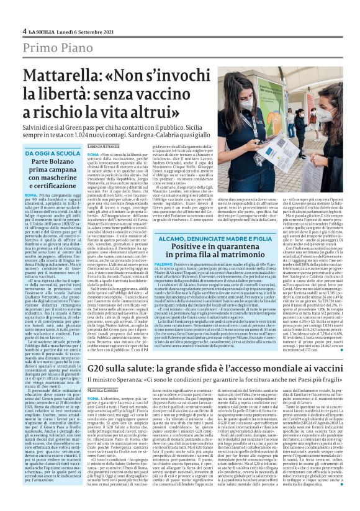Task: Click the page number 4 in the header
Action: [24, 30]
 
